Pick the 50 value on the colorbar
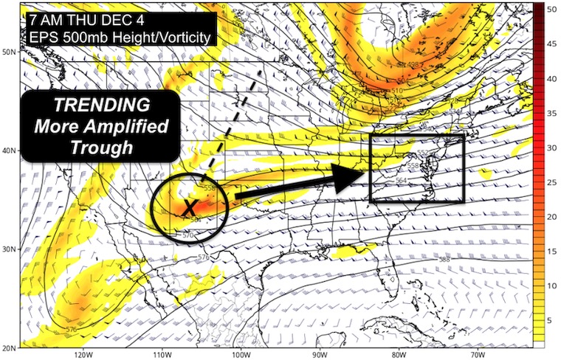(551, 7)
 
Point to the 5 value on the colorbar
(550, 319)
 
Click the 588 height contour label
(444, 260)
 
